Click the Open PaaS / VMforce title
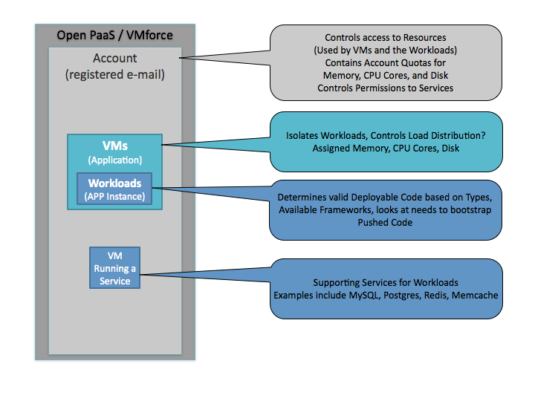(x=114, y=35)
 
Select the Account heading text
(x=114, y=58)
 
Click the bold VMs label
(x=114, y=146)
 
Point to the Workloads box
(x=114, y=189)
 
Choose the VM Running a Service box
(x=114, y=268)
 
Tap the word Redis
(x=442, y=295)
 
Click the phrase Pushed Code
(x=385, y=222)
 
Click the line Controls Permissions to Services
(x=385, y=88)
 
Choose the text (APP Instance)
(x=114, y=197)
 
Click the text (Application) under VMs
(x=114, y=160)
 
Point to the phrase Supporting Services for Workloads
(x=385, y=283)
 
